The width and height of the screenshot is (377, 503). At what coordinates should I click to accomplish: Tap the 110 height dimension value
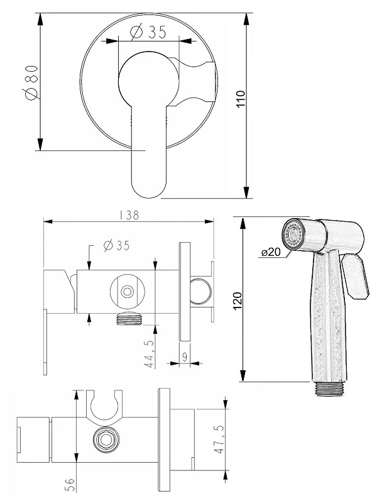click(241, 99)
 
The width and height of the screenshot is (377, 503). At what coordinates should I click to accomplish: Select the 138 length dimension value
click(129, 215)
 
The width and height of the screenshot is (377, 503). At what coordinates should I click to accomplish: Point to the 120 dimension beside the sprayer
click(238, 301)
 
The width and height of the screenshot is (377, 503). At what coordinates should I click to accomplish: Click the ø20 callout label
click(271, 252)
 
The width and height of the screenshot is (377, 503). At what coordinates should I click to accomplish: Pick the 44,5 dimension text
click(150, 354)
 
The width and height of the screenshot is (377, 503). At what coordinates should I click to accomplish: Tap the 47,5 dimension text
click(220, 439)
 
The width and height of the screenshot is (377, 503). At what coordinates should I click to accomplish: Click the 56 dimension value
click(70, 485)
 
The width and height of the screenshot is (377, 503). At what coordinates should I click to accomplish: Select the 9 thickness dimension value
click(185, 357)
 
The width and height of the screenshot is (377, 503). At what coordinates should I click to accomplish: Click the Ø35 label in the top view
click(148, 32)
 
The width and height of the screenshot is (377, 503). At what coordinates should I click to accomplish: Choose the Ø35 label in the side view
click(117, 246)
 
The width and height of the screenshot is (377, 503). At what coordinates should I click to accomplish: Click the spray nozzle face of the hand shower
click(292, 234)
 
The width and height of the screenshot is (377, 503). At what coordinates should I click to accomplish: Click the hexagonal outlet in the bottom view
click(106, 439)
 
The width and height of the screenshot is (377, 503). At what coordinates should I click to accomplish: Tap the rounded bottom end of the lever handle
click(149, 189)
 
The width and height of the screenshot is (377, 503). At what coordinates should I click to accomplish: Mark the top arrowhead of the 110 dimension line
click(246, 19)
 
